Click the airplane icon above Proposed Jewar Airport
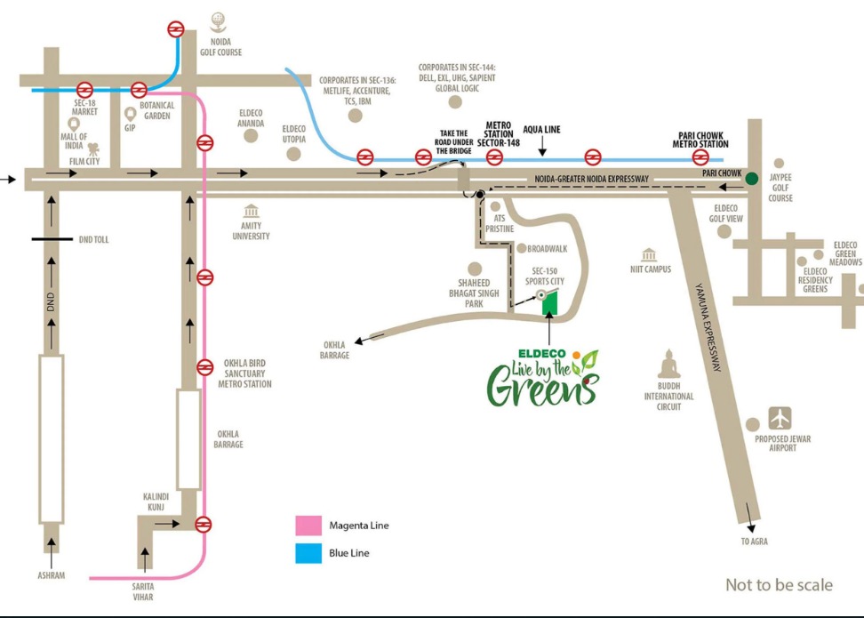point(780,417)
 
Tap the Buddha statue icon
point(668,365)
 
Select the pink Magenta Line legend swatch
point(308,526)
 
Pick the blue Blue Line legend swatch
point(308,552)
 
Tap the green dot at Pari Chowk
point(753,178)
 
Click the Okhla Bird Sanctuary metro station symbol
point(205,366)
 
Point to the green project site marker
point(550,302)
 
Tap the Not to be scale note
point(779,584)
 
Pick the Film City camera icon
point(93,149)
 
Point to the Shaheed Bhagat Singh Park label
point(476,293)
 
